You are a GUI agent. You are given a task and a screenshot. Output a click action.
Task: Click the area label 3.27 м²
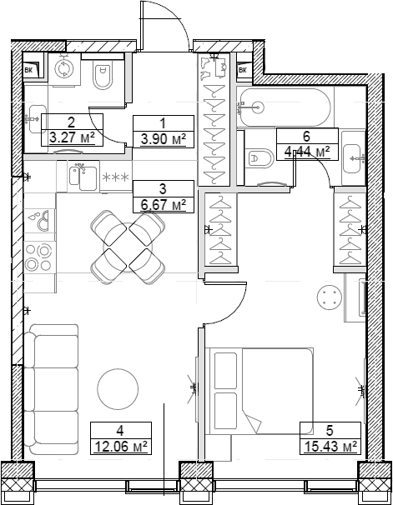pos(76,137)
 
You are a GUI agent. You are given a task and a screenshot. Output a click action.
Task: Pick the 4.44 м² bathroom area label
pos(307,151)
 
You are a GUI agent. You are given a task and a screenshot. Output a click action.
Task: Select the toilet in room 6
pos(259,156)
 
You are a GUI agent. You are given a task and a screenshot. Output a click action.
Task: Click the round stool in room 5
pos(330,298)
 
